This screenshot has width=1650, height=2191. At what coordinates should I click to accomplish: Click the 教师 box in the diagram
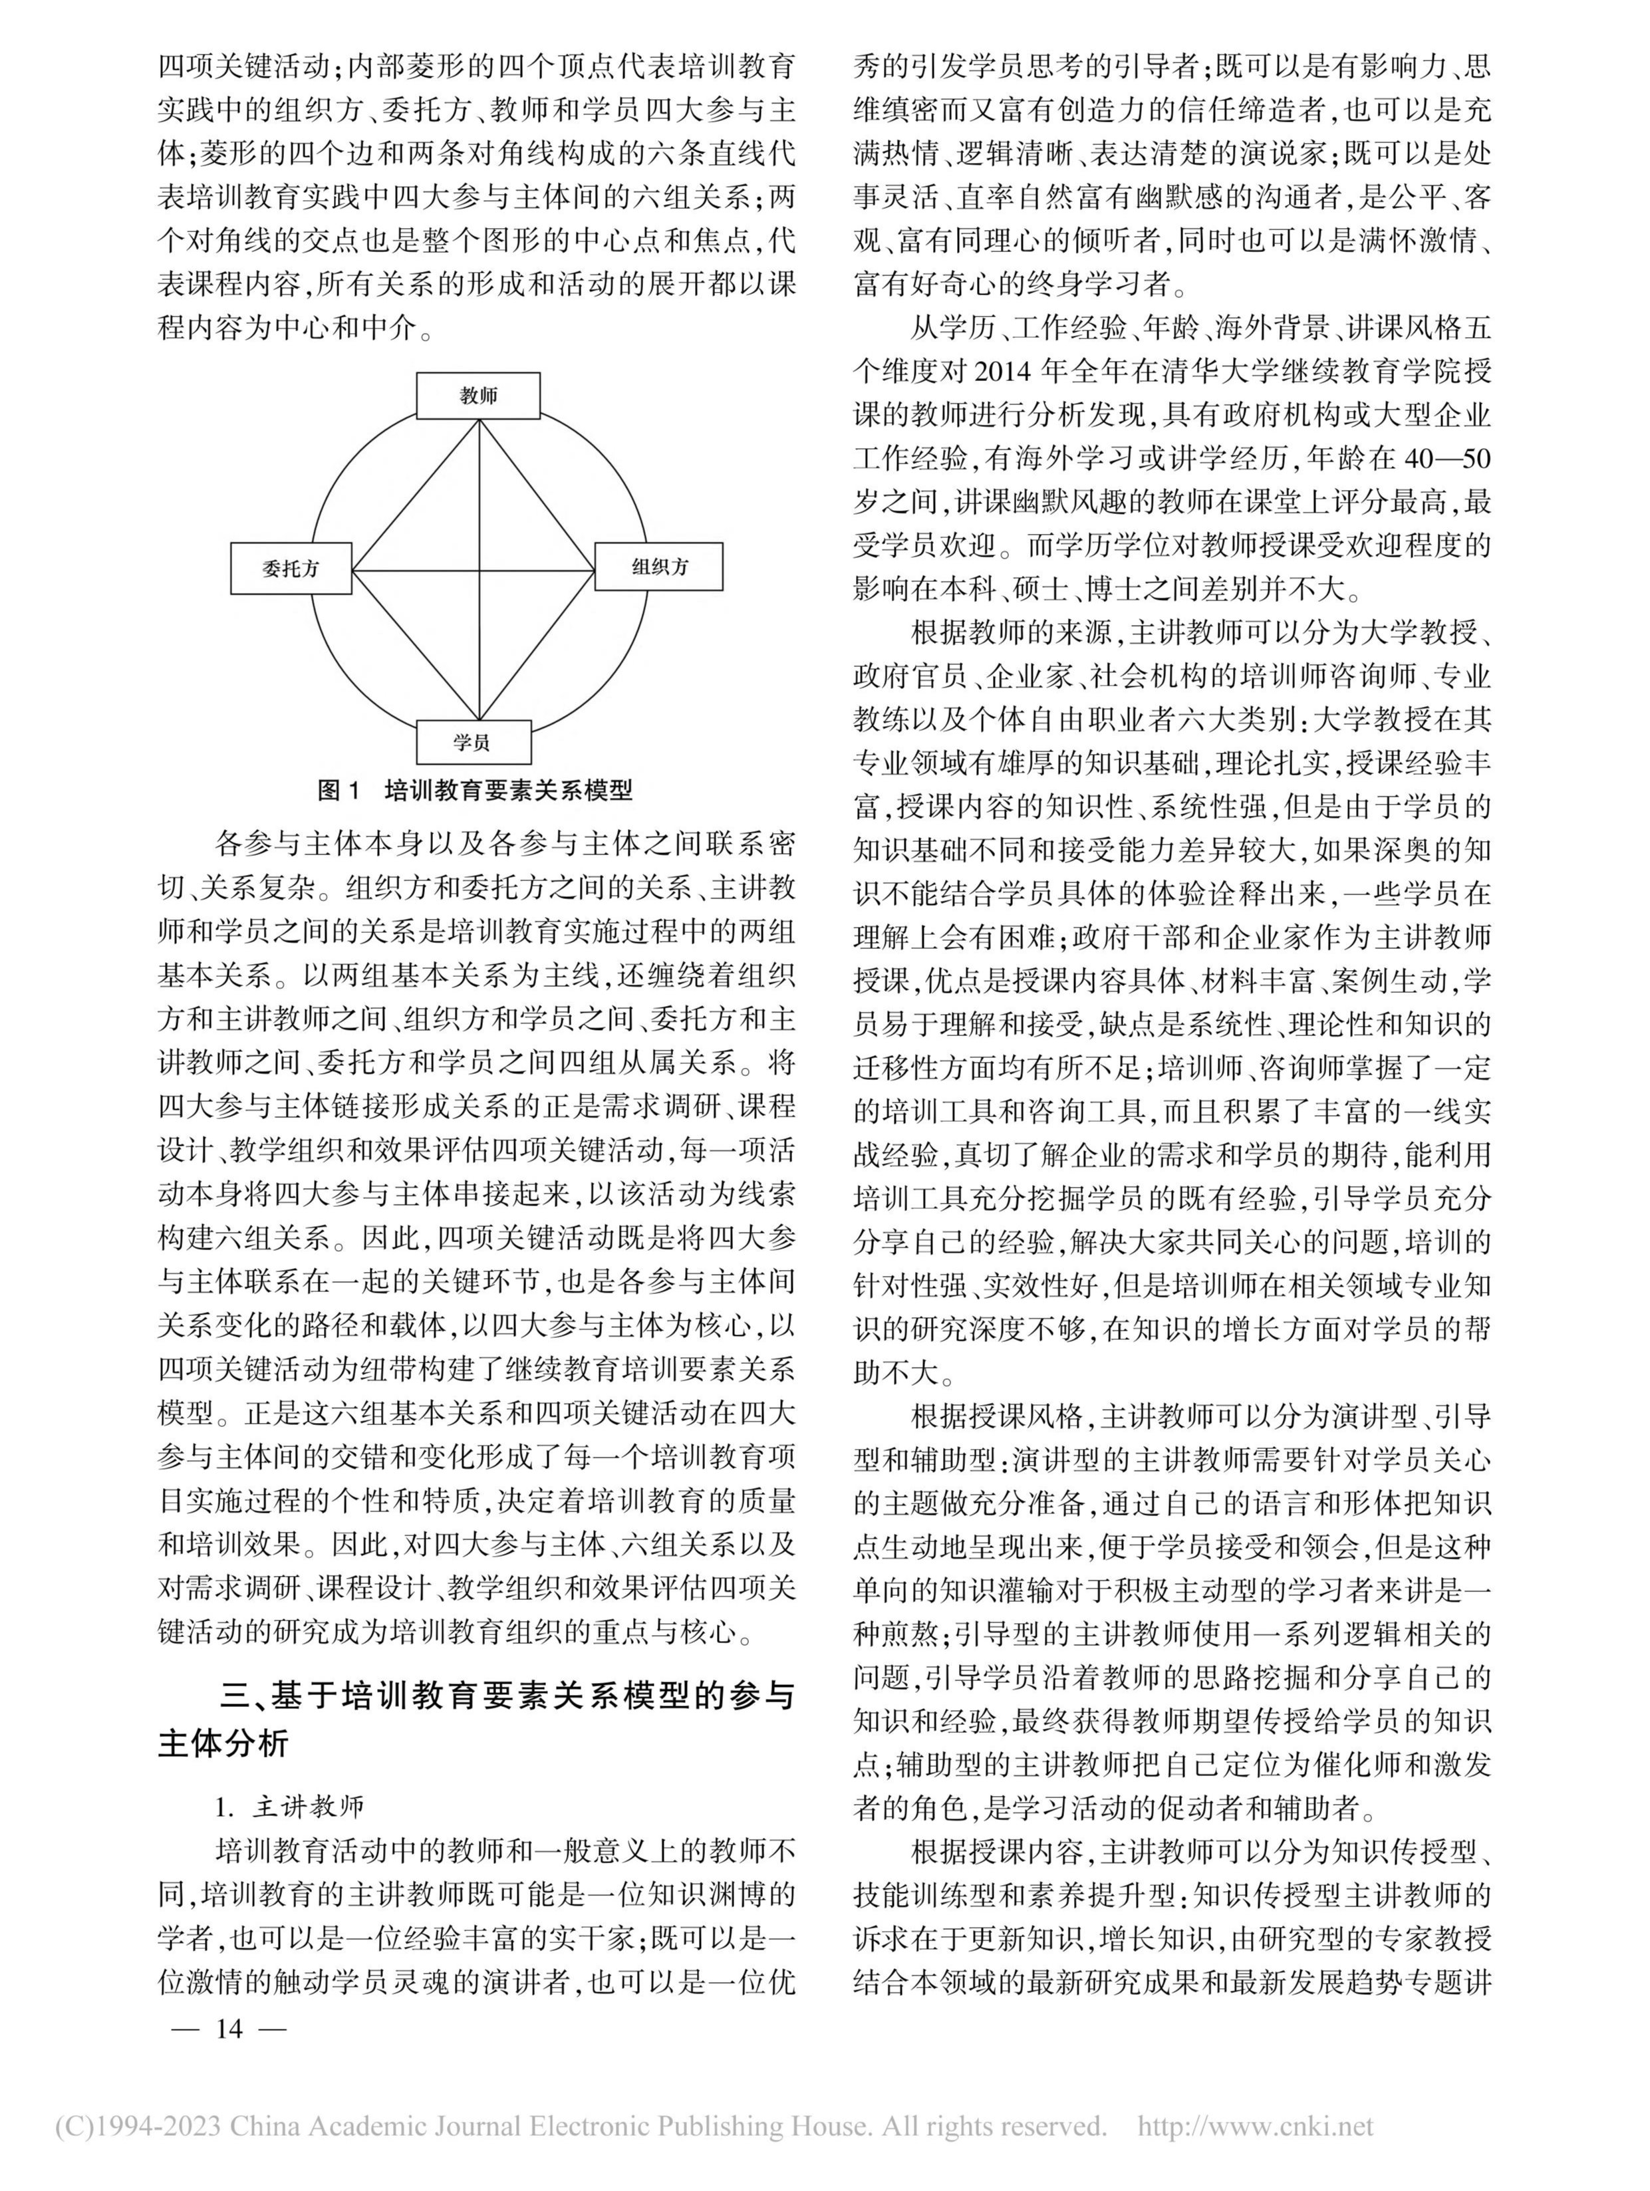[478, 396]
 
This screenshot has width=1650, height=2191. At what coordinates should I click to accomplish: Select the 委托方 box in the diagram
[291, 569]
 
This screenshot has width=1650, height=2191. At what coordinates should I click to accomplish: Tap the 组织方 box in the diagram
[660, 567]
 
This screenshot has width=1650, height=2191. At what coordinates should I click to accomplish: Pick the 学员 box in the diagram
[474, 742]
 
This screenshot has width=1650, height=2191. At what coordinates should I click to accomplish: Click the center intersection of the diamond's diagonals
[480, 571]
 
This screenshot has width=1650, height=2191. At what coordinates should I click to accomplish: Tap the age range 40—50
[1439, 459]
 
